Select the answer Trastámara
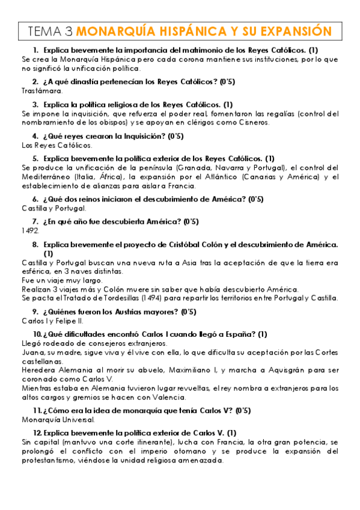click(x=41, y=90)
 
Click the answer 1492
click(x=31, y=230)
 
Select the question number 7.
click(x=35, y=222)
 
